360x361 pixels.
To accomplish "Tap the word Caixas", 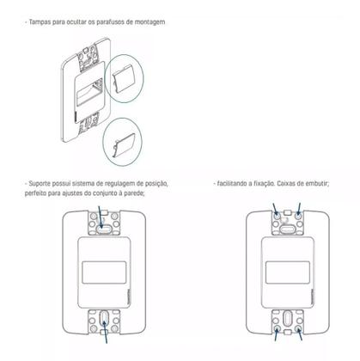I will point(289,184).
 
